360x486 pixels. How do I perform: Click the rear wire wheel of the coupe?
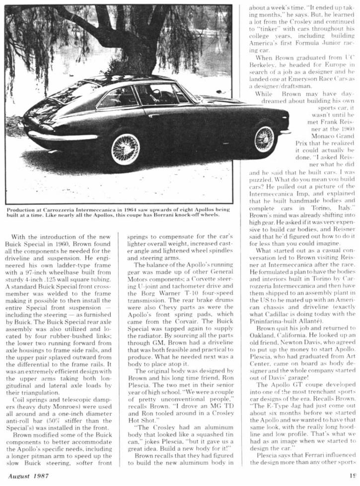coord(125,148)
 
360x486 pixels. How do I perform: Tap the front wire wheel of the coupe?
coord(264,139)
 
